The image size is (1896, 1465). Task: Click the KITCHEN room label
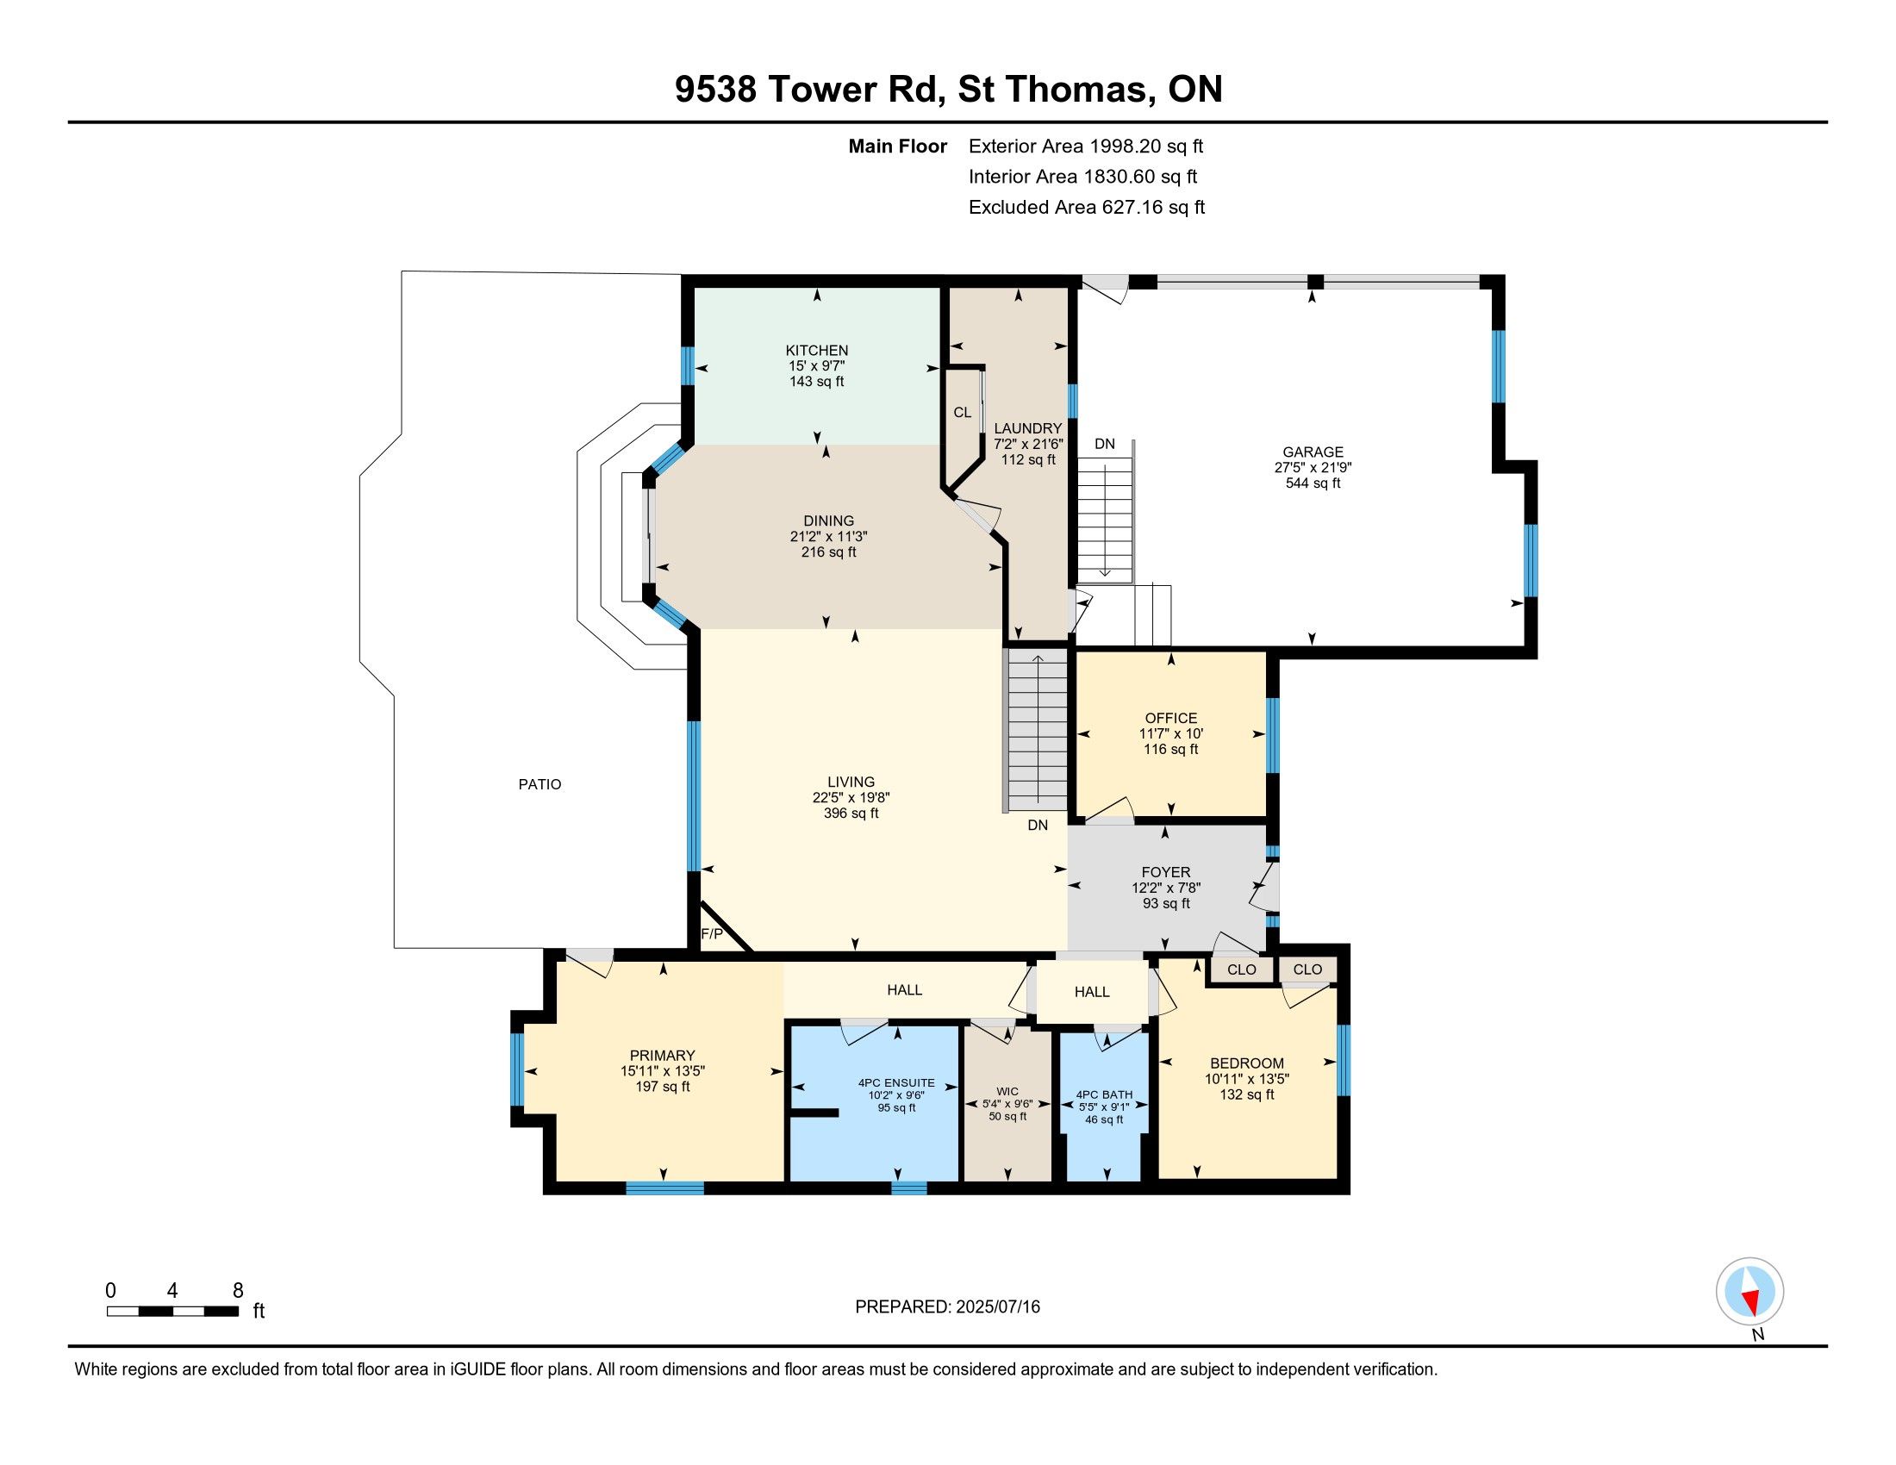[817, 351]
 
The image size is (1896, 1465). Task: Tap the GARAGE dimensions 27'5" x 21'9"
[1313, 467]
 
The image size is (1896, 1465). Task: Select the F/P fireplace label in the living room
[711, 934]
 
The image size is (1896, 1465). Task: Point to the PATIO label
[540, 784]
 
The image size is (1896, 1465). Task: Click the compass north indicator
[1749, 1293]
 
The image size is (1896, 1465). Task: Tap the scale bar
[172, 1312]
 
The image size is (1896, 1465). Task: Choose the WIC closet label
[1007, 1092]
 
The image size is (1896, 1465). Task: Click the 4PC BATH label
[1104, 1095]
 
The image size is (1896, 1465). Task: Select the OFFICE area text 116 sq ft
[1171, 749]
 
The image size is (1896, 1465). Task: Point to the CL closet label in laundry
[962, 412]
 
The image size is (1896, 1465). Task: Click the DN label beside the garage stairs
[1104, 445]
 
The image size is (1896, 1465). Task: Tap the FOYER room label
[1166, 872]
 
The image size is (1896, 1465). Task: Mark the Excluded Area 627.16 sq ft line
[1087, 208]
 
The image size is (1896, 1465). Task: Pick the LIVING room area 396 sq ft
[851, 814]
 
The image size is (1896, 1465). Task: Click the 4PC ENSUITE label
[897, 1083]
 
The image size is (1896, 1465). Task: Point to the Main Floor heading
[898, 146]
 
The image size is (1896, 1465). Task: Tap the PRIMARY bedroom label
[663, 1056]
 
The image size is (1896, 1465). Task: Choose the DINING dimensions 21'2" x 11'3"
[828, 536]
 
